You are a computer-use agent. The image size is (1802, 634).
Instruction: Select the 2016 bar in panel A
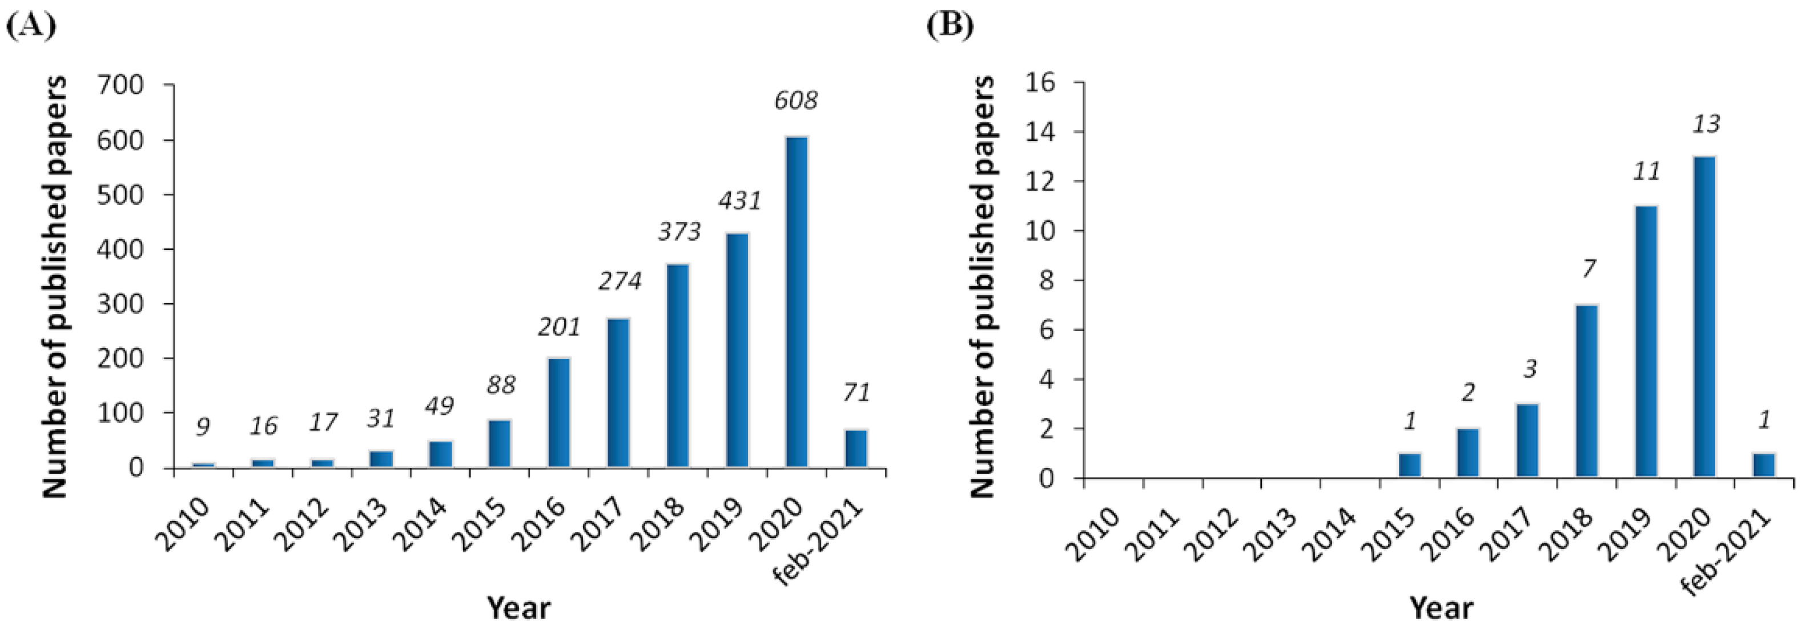559,413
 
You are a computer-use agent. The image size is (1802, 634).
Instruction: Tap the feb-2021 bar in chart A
856,448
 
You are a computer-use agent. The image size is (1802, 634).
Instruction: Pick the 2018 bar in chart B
1587,391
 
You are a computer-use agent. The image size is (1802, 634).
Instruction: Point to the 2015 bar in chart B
1410,466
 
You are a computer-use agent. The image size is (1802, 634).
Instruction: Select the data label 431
739,201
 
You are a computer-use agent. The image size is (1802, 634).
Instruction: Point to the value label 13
1706,124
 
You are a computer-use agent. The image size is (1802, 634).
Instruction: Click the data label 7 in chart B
1588,268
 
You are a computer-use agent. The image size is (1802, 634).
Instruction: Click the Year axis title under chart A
518,607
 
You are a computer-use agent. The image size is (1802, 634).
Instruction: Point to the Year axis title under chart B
1441,607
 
